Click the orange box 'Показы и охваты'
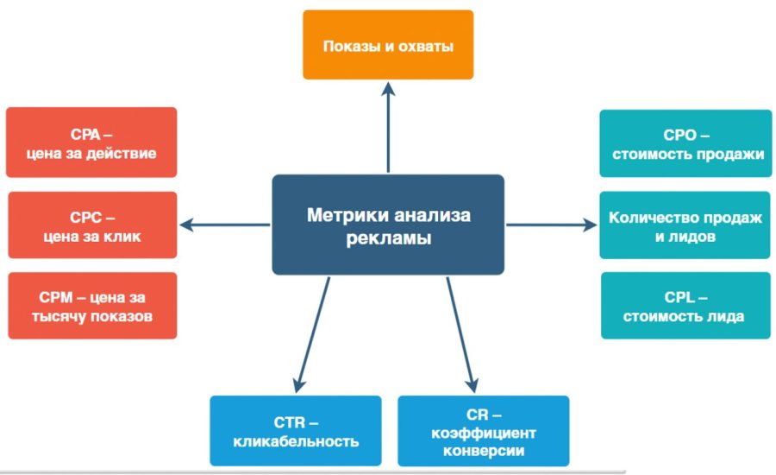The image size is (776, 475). click(387, 45)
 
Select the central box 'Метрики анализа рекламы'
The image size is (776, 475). click(388, 225)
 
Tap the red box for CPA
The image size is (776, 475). click(91, 143)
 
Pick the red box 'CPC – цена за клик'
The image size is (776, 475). click(91, 225)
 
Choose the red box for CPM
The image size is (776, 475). click(91, 306)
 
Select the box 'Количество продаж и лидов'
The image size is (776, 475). click(685, 225)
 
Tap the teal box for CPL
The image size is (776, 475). click(685, 306)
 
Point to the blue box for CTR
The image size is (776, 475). click(296, 431)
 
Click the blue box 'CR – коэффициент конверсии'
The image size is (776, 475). click(483, 431)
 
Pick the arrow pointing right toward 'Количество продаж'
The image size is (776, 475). click(552, 225)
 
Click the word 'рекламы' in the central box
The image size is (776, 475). click(388, 238)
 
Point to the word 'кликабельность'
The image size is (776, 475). click(296, 441)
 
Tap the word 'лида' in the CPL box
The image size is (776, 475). click(726, 316)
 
